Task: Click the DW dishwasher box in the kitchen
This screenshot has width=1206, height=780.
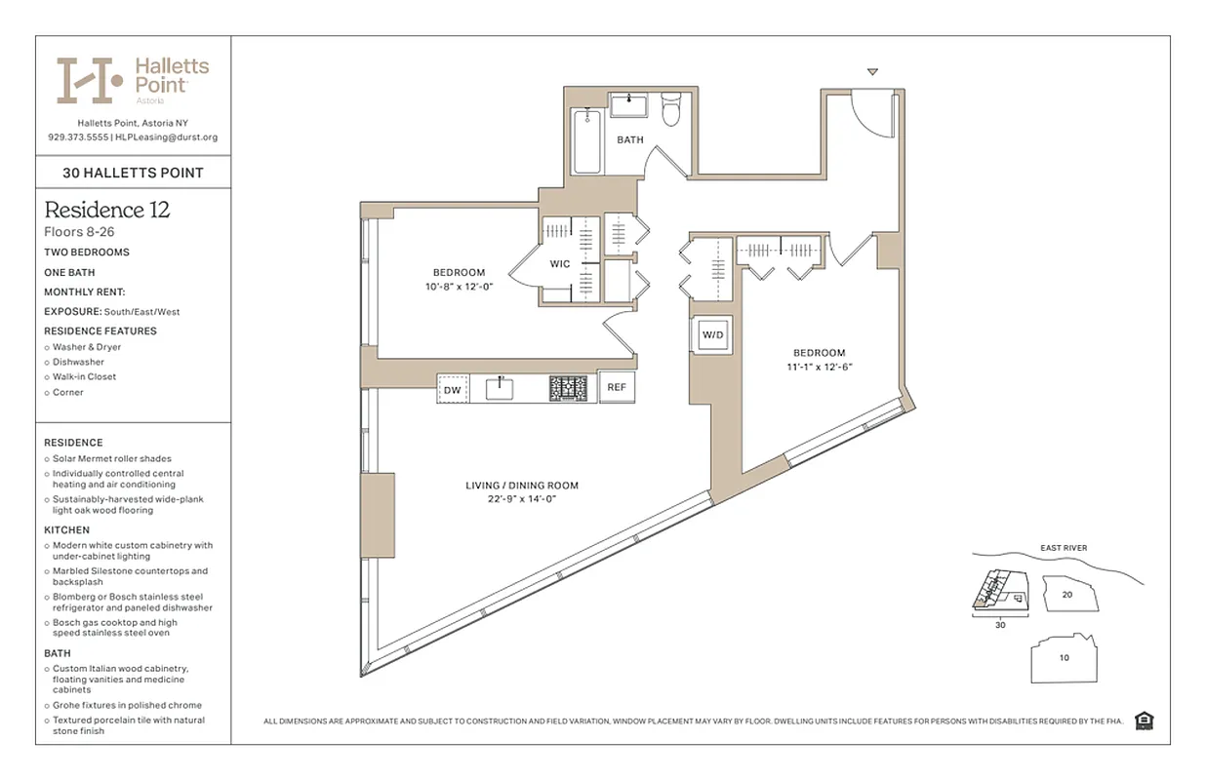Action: [x=452, y=390]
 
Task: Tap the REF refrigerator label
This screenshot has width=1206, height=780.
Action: [x=616, y=387]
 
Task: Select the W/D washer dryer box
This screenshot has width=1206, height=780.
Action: [x=713, y=335]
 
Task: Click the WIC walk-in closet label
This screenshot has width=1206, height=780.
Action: [x=560, y=264]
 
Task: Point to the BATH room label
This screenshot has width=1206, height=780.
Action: [x=630, y=140]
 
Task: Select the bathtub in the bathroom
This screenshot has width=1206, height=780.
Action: [x=585, y=142]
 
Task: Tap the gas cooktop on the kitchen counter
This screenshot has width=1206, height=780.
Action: [x=568, y=388]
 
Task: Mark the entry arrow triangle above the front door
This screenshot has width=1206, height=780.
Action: [x=872, y=71]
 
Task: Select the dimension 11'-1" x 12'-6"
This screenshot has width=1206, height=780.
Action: [x=819, y=367]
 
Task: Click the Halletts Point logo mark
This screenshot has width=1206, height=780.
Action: [x=89, y=80]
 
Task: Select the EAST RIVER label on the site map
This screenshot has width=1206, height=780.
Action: [x=1064, y=548]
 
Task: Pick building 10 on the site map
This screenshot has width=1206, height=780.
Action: [x=1064, y=658]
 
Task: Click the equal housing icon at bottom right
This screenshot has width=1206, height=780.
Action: [x=1145, y=721]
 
